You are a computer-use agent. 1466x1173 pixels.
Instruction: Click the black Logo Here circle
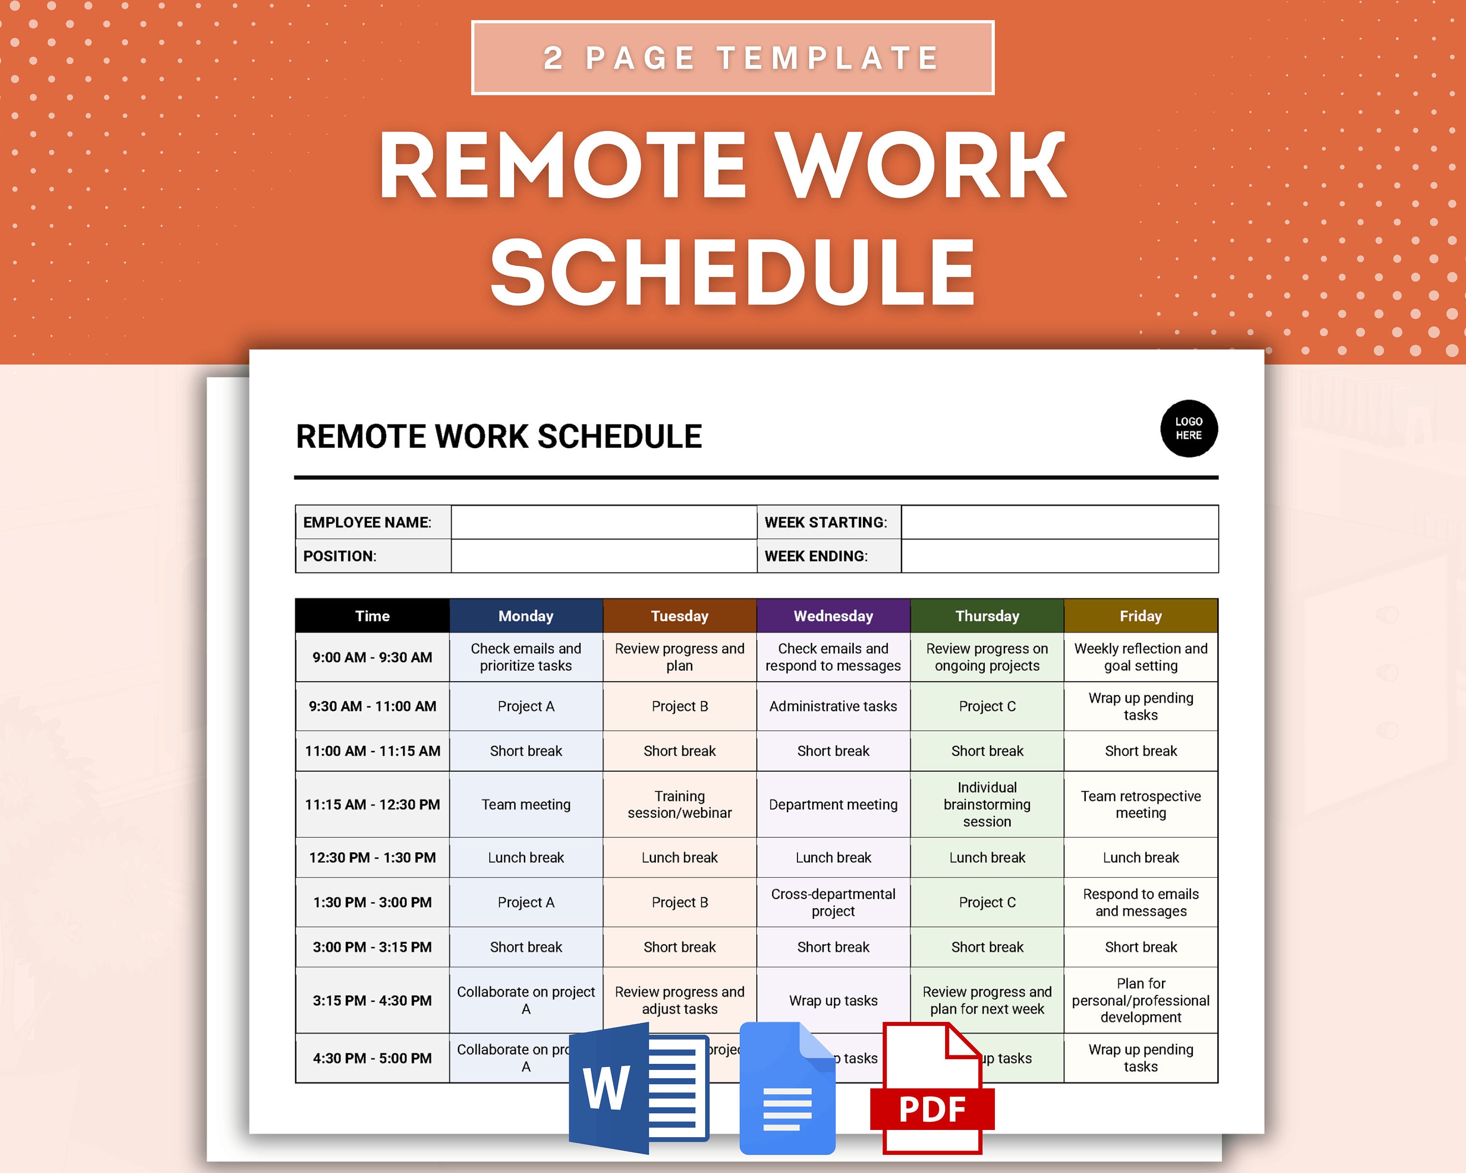(x=1188, y=429)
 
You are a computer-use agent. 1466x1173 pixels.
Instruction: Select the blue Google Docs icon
(x=787, y=1088)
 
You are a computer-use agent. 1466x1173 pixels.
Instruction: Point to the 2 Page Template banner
(x=733, y=58)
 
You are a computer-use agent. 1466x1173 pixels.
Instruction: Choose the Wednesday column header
(x=833, y=616)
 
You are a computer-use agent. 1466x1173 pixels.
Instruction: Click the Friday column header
(x=1140, y=616)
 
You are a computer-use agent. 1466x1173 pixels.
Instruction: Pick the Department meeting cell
(x=833, y=804)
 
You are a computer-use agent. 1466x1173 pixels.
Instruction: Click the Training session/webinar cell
(x=679, y=804)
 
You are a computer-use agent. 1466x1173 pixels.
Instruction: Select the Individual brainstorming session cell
(x=987, y=804)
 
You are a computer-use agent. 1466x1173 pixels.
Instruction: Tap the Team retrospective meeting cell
(x=1140, y=804)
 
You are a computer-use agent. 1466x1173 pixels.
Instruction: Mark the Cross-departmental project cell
(x=833, y=902)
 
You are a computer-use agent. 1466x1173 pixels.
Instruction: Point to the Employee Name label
(x=367, y=522)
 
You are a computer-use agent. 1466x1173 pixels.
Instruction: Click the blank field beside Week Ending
(x=1059, y=556)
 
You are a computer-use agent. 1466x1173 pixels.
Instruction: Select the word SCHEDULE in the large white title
(x=733, y=272)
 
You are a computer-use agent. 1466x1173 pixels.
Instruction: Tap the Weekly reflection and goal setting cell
(x=1140, y=657)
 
